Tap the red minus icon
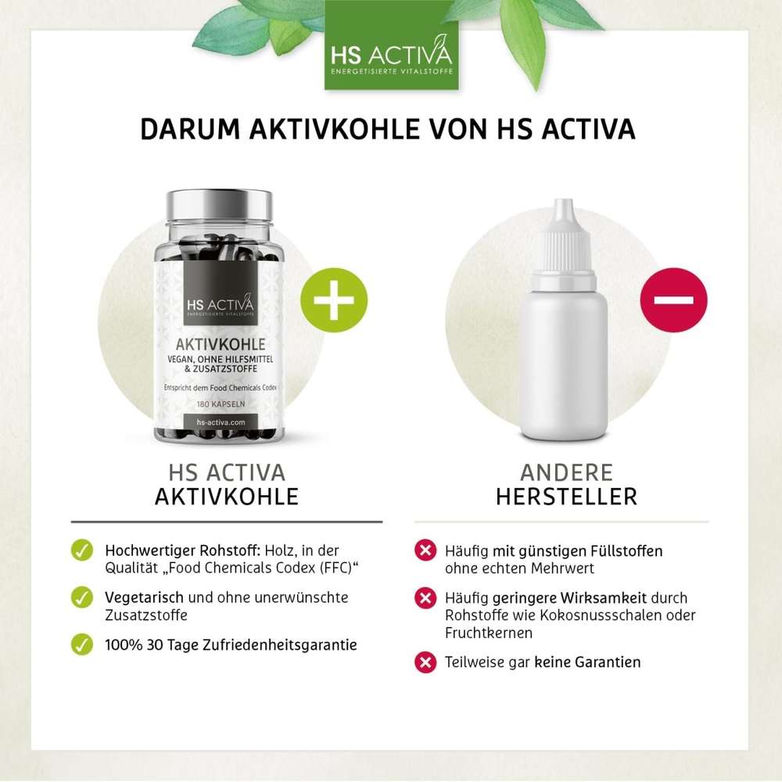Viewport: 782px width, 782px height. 673,300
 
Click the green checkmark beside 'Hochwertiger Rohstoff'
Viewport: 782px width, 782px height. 81,551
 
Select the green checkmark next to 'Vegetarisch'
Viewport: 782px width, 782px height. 81,597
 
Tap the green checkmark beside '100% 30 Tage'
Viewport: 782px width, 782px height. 81,645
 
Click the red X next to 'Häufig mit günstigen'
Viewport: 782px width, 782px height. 425,551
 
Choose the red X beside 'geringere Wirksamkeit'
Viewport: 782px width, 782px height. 425,599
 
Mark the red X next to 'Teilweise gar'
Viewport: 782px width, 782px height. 425,662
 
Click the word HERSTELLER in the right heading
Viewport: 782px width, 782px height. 566,497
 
